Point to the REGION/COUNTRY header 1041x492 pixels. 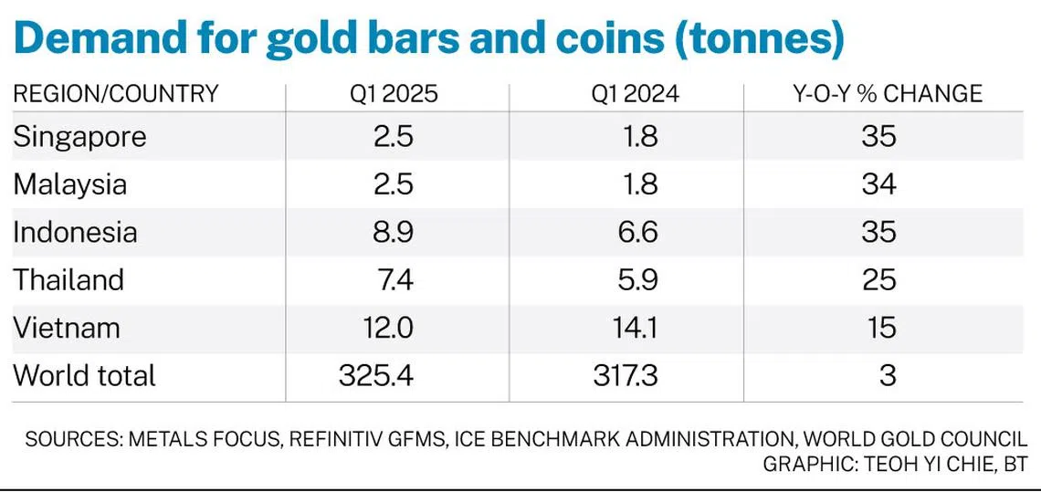click(116, 93)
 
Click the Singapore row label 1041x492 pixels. click(79, 137)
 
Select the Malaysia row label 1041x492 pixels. click(69, 184)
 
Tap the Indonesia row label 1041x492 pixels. click(75, 232)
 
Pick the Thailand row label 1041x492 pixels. click(68, 279)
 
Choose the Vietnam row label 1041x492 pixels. click(66, 327)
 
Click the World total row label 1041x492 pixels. click(84, 374)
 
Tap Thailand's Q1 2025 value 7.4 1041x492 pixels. click(394, 279)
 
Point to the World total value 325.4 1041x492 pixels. click(377, 374)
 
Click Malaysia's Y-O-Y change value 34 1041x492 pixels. click(878, 184)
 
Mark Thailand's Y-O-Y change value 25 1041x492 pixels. click(878, 279)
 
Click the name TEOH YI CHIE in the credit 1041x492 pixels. click(928, 464)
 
